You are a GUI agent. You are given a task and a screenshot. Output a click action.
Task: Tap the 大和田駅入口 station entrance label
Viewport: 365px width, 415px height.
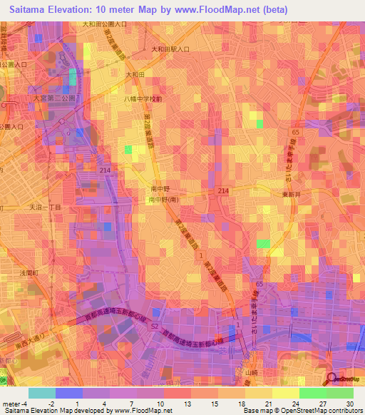170,49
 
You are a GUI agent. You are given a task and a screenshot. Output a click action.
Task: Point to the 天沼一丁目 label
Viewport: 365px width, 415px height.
43,206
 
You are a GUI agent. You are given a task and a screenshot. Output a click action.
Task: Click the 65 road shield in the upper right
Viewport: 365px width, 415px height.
294,133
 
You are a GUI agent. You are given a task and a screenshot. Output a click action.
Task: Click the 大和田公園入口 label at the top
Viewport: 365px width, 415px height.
106,24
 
